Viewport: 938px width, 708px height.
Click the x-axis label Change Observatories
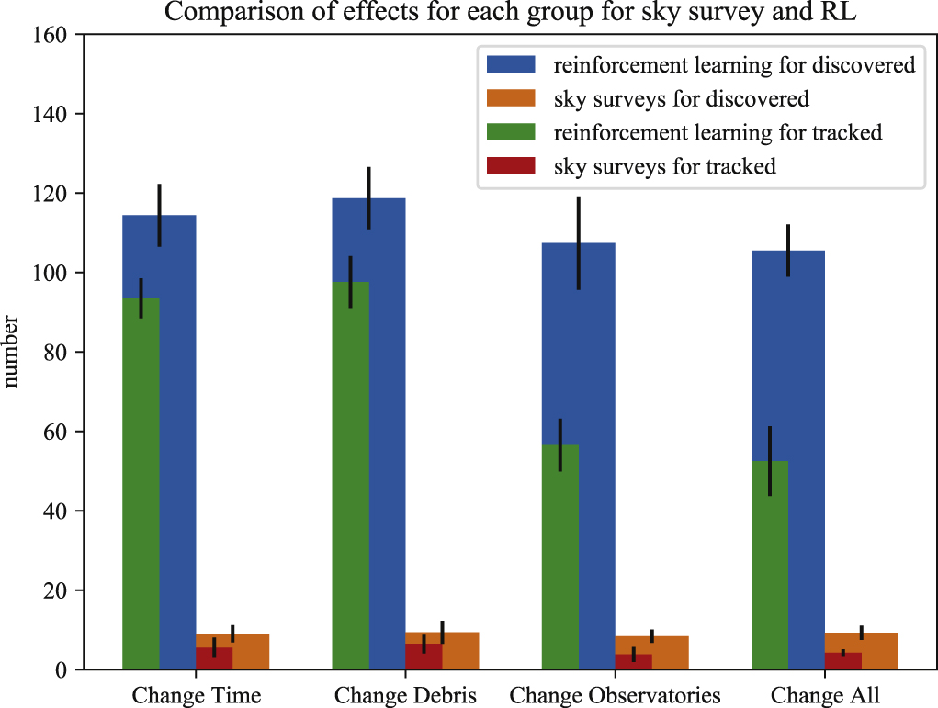pyautogui.click(x=615, y=693)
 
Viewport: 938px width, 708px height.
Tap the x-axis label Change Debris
pyautogui.click(x=405, y=693)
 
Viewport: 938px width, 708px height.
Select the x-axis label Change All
pyautogui.click(x=824, y=693)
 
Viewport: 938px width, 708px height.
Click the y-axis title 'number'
pyautogui.click(x=12, y=353)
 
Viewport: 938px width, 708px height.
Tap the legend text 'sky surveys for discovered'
pyautogui.click(x=681, y=98)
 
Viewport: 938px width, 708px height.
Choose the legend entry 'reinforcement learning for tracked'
pyautogui.click(x=718, y=132)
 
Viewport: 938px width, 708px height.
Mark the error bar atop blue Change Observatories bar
pyautogui.click(x=578, y=242)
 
